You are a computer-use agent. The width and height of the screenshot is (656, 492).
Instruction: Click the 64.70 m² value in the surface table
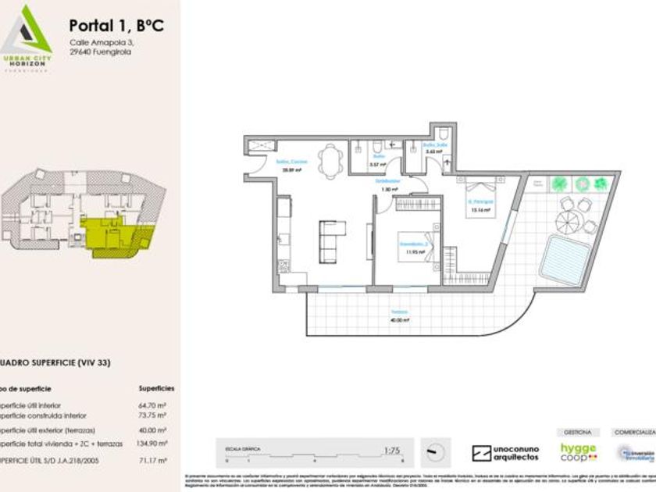[157, 405]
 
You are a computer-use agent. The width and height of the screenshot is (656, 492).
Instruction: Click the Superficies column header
[156, 388]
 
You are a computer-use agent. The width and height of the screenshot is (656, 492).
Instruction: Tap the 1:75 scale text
[392, 450]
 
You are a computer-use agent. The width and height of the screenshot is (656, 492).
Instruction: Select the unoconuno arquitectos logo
[505, 453]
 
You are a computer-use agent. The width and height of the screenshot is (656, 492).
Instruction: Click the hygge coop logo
[579, 453]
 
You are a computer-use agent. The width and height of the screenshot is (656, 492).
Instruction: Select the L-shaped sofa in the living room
[331, 239]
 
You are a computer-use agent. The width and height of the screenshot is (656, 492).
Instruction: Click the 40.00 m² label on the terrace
[399, 319]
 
